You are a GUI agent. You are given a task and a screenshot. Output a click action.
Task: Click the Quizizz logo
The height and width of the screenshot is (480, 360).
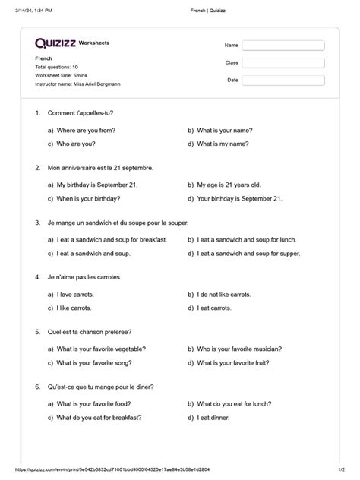pos(55,43)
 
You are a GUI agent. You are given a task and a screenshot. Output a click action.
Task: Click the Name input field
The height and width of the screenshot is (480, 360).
pos(283,46)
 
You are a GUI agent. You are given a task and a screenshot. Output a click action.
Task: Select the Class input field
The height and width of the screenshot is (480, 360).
pos(283,63)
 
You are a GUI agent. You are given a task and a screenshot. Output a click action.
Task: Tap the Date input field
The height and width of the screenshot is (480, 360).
pos(283,80)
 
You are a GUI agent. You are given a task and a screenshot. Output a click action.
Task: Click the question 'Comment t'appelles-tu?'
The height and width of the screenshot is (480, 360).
pos(80,113)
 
